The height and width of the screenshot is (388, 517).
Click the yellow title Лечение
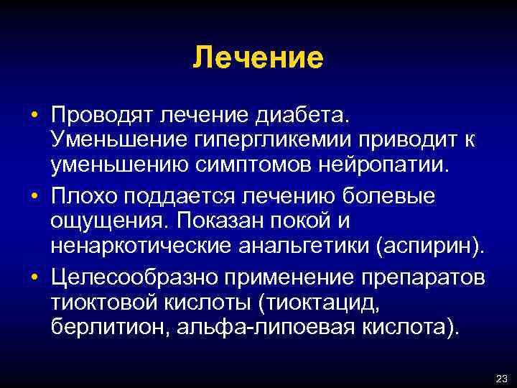258,57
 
